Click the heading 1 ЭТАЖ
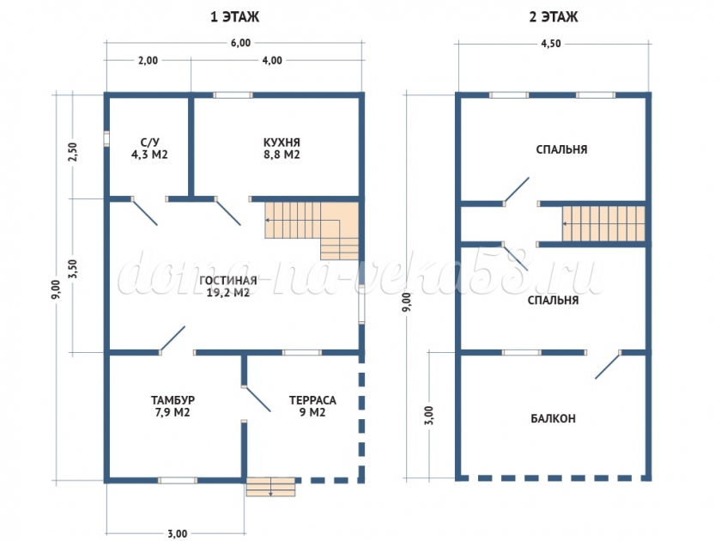(x=234, y=17)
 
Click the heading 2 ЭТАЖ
(x=553, y=17)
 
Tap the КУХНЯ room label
(x=282, y=143)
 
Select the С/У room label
(x=150, y=143)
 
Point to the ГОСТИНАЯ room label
(x=228, y=281)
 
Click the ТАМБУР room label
(x=173, y=400)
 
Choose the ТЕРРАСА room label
(x=312, y=400)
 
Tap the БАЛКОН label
(x=553, y=419)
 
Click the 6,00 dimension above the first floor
(x=240, y=43)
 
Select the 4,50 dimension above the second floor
(x=550, y=44)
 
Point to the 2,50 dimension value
(x=73, y=151)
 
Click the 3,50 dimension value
(x=73, y=268)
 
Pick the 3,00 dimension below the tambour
(x=177, y=533)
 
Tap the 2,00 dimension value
(x=148, y=60)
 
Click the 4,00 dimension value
(x=272, y=60)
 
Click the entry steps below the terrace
(x=270, y=487)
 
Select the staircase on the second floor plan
(x=603, y=223)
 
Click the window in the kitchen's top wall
(x=233, y=95)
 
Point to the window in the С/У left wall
(x=106, y=138)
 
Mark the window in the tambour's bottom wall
(x=178, y=480)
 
